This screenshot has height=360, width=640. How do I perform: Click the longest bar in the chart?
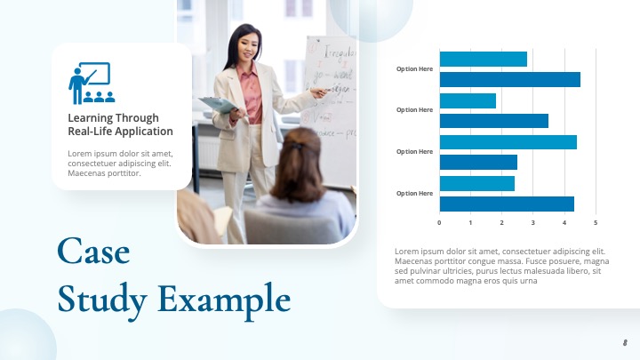tap(509, 79)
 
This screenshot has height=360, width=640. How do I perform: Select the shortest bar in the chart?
tap(468, 100)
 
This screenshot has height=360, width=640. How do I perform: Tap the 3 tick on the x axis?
tap(533, 222)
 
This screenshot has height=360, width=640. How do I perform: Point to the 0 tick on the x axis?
tap(439, 222)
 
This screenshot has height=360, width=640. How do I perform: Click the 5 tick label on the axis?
tap(596, 222)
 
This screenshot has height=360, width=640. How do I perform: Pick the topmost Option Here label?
tap(414, 68)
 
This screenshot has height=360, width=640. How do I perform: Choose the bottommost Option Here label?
tap(414, 193)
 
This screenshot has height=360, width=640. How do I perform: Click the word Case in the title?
tap(93, 252)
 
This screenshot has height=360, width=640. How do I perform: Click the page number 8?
tap(625, 342)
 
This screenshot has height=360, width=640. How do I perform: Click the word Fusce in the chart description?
tap(534, 261)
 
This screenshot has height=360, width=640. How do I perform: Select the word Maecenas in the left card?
tap(87, 172)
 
